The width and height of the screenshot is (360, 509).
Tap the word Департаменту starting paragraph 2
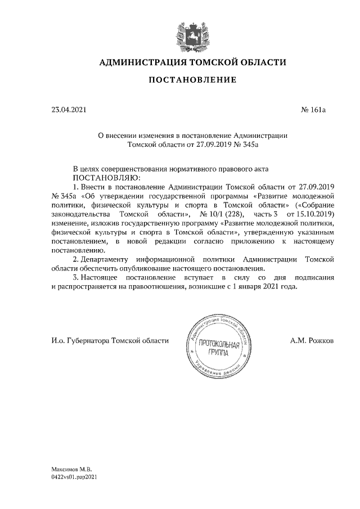coord(104,260)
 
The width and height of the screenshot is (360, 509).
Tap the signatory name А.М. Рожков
coord(313,341)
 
